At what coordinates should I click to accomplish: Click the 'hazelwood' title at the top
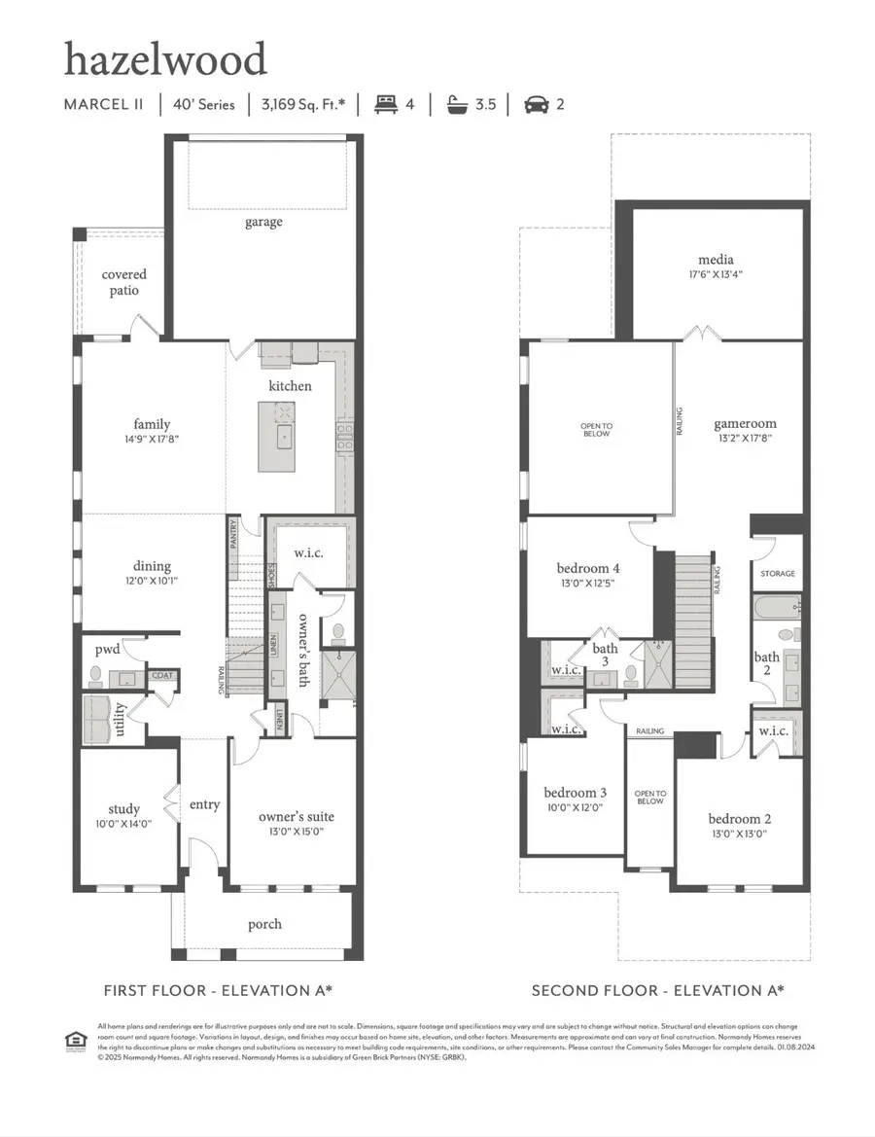pos(165,60)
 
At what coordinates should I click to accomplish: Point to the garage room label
pos(263,222)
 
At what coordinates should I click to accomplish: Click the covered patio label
pos(124,282)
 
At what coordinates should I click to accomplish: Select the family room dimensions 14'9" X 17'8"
pos(152,439)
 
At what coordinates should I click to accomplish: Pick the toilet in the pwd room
pos(95,673)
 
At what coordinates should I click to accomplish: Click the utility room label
pos(120,720)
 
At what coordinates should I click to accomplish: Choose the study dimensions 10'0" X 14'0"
pos(124,824)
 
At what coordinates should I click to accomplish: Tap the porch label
pos(264,923)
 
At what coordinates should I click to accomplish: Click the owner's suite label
pos(291,817)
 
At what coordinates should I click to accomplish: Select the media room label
pos(716,260)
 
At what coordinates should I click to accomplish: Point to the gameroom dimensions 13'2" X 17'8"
pos(745,439)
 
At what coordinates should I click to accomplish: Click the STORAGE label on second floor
pos(778,574)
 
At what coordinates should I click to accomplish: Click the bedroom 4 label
pos(588,568)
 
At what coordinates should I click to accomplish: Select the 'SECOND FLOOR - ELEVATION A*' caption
pos(657,990)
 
